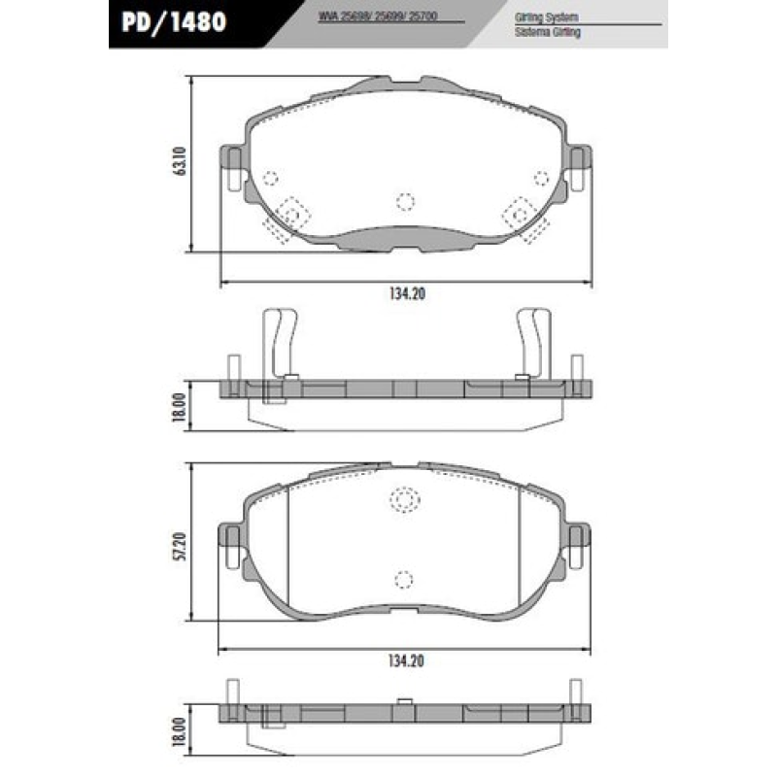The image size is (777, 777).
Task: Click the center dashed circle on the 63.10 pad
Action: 405,200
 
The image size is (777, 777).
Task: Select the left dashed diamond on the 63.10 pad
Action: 291,213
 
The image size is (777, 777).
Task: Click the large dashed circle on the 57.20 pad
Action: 403,499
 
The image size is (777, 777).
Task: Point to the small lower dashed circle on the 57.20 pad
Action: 403,578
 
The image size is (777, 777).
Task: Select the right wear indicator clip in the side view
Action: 532,345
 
